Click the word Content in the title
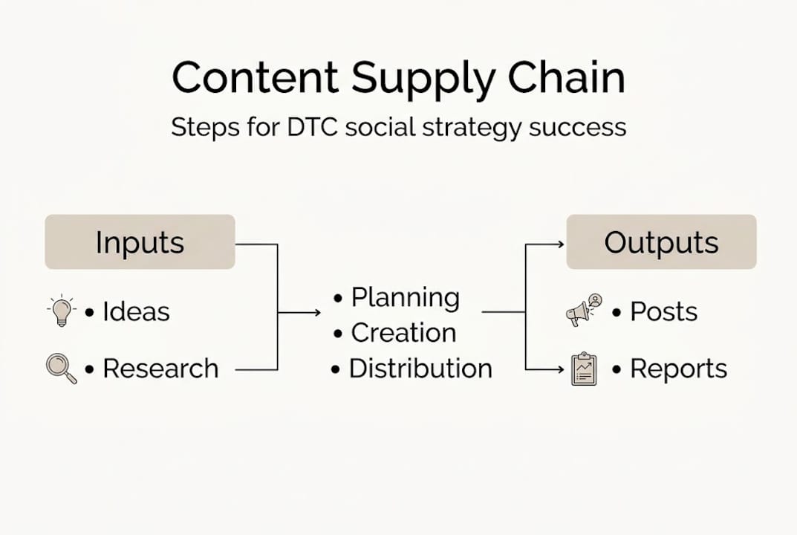coord(254,78)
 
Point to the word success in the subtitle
coord(578,127)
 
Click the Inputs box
coord(140,242)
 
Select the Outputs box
coord(661,242)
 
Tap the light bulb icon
coord(62,311)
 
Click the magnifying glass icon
coord(61,369)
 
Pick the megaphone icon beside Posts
coord(584,311)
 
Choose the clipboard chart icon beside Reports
coord(584,369)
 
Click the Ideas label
coord(136,312)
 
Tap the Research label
coord(160,369)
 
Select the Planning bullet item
coord(405,298)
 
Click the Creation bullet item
coord(403,333)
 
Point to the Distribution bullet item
coord(420,369)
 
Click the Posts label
coord(663,312)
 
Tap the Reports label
coord(678,369)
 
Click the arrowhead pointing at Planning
coord(317,313)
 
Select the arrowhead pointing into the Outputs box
coord(560,243)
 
